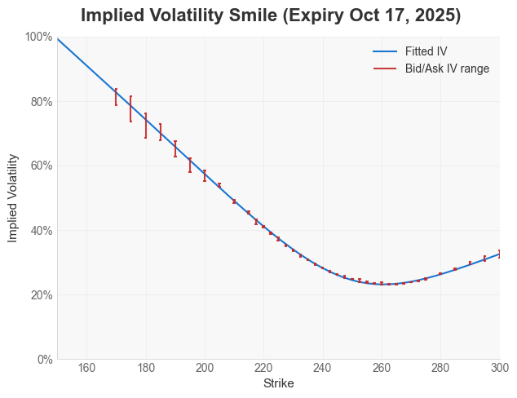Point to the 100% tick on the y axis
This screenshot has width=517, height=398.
click(38, 37)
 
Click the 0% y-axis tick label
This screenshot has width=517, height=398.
click(44, 359)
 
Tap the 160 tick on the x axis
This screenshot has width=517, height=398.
click(87, 369)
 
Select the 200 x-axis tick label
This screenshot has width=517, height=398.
click(205, 369)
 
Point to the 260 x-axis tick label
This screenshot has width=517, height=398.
click(382, 369)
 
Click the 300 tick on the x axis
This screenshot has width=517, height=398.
click(499, 369)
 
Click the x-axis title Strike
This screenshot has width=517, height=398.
click(278, 383)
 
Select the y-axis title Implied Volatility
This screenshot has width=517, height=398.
click(13, 197)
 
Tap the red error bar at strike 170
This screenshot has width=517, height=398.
click(116, 97)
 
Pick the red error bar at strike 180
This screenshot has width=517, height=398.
click(146, 126)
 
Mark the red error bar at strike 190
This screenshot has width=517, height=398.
click(175, 148)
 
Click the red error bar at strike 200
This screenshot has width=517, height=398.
click(205, 175)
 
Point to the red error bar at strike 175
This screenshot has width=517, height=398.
click(130, 108)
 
